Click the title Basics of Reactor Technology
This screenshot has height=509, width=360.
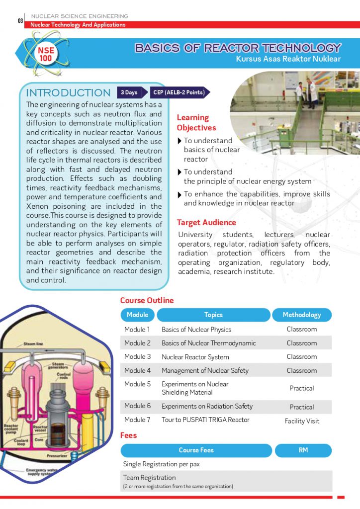pos(238,48)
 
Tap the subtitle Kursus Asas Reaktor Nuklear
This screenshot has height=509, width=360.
pos(288,59)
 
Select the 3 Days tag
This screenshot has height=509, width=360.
pos(130,92)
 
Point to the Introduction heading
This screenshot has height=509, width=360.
pos(68,93)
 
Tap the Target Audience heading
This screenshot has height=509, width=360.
pos(206,222)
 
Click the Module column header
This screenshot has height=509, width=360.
pos(137,315)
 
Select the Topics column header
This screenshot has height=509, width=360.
pos(213,315)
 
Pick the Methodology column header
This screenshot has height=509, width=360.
pos(301,315)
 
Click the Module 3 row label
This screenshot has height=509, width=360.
pos(137,357)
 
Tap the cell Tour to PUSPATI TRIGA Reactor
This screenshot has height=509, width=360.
pos(205,420)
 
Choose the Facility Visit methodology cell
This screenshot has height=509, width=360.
pos(302,421)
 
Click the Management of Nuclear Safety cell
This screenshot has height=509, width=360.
pos(205,370)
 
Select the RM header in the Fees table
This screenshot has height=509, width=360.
pos(303,450)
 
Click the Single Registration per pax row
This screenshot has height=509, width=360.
pos(161,464)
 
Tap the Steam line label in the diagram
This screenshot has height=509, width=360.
pos(33,344)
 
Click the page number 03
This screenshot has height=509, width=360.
pos(20,21)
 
